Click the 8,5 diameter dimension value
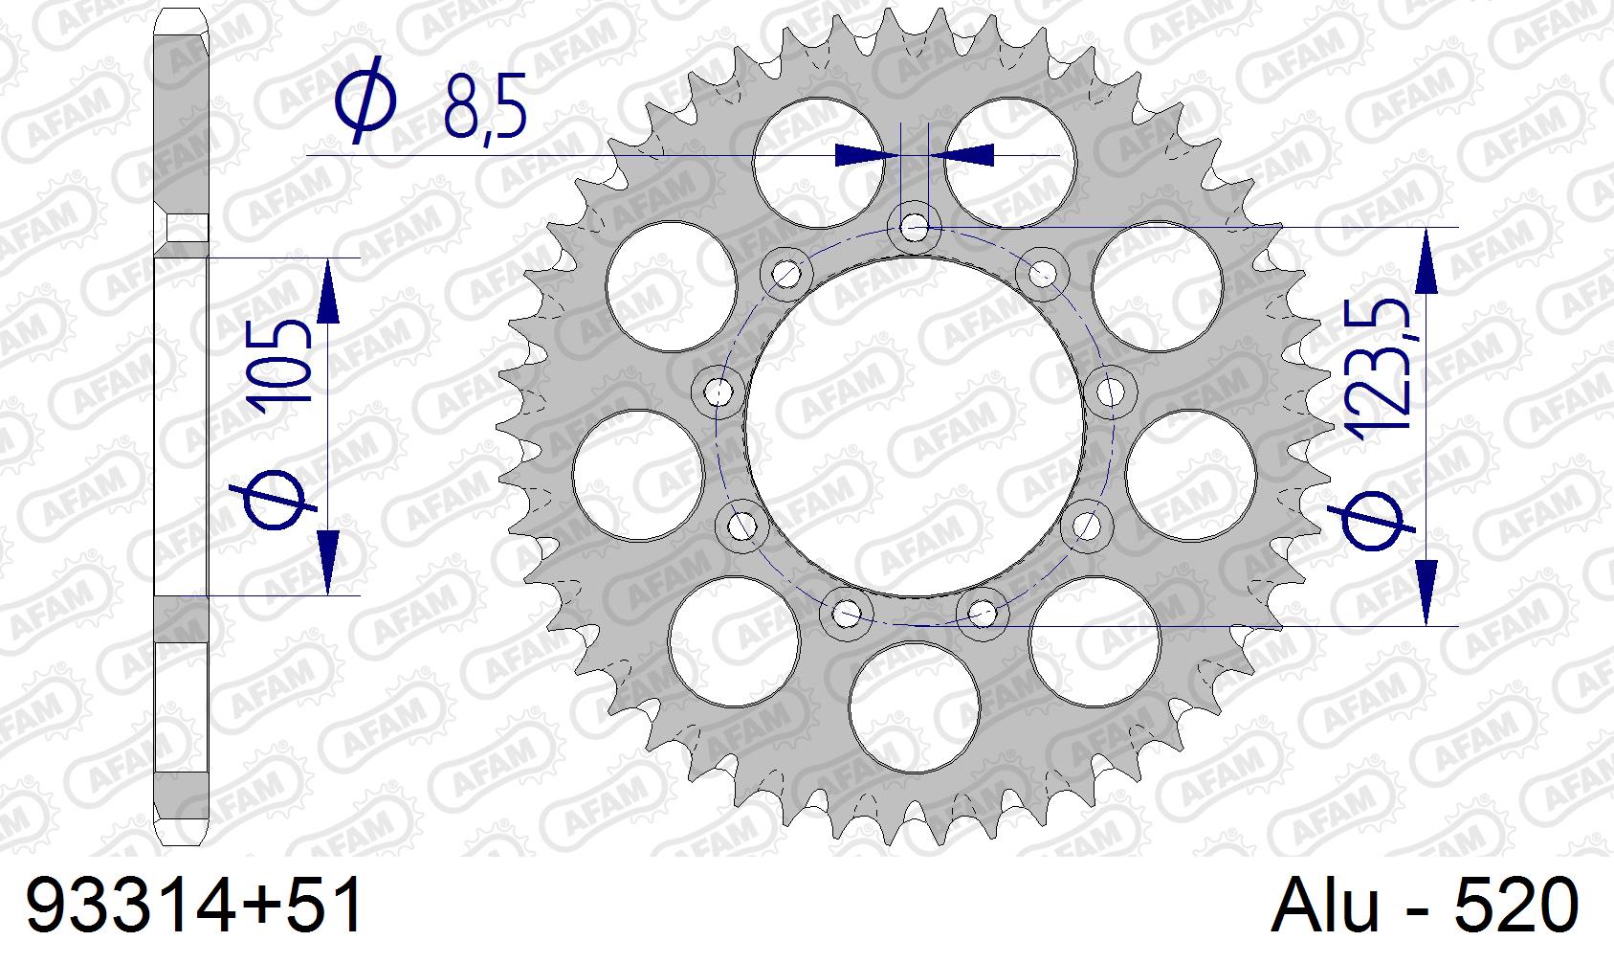click(x=485, y=105)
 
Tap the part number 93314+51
click(x=194, y=905)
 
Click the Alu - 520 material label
click(x=1425, y=905)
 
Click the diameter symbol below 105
click(x=274, y=499)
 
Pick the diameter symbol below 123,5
click(x=1371, y=521)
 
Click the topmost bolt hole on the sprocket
click(x=915, y=229)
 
